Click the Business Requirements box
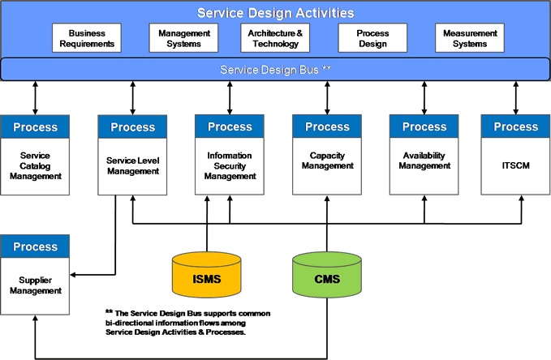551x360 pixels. (87, 38)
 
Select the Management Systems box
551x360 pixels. (183, 38)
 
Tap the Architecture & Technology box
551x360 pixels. (275, 38)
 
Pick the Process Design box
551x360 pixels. (372, 38)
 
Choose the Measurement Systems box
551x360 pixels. (470, 38)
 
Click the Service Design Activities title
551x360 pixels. (276, 13)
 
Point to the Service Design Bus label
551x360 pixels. (276, 70)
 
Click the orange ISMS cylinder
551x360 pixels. (207, 275)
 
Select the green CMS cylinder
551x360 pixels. (327, 275)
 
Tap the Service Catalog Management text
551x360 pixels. (35, 165)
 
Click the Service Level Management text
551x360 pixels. (133, 165)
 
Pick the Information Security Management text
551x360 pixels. (230, 165)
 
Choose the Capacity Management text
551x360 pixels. (327, 161)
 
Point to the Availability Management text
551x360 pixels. (424, 161)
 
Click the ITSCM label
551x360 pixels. (515, 165)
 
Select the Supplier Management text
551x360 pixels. (35, 285)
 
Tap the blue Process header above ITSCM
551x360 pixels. (515, 126)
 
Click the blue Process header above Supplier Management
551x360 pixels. (35, 246)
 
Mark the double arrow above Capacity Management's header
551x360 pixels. (327, 98)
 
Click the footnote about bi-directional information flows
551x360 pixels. (188, 323)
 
